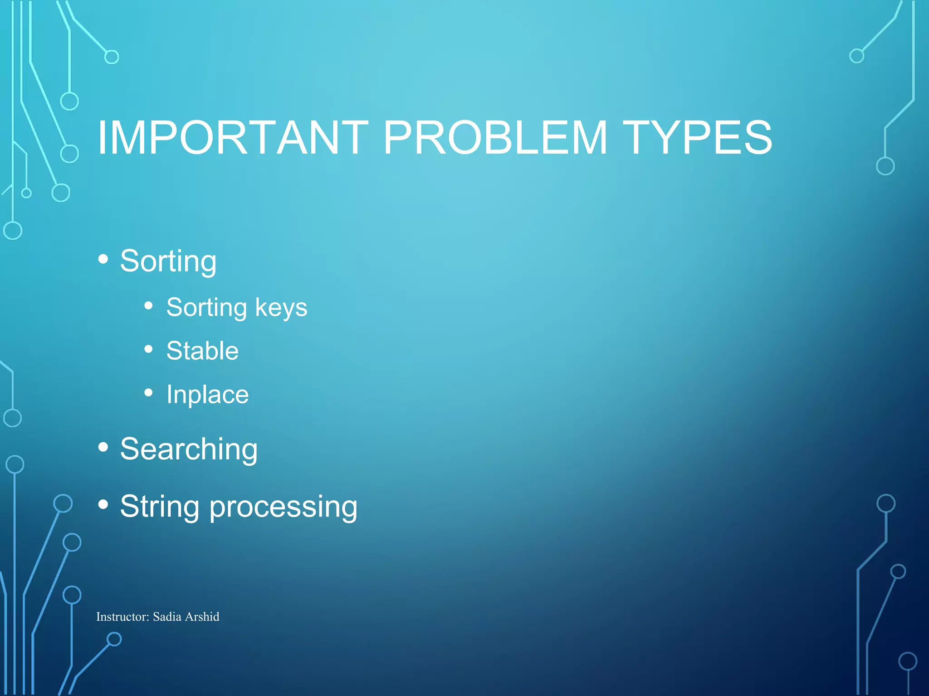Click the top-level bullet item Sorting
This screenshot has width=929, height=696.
(x=168, y=261)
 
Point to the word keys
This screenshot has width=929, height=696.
(x=281, y=308)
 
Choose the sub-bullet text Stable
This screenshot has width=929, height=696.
(x=202, y=351)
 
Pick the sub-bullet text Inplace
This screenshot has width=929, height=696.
(x=207, y=395)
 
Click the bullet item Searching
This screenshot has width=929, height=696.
(x=189, y=449)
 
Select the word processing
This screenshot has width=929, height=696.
(x=283, y=507)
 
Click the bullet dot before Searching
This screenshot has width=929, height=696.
(x=103, y=447)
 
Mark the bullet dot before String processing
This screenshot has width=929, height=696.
(x=103, y=504)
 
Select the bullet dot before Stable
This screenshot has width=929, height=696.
(x=148, y=349)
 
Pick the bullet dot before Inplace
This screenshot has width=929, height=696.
(x=148, y=392)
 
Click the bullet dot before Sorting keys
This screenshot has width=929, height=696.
(x=148, y=306)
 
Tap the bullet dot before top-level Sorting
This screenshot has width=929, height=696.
(x=103, y=259)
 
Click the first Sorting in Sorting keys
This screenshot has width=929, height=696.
(x=206, y=308)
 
